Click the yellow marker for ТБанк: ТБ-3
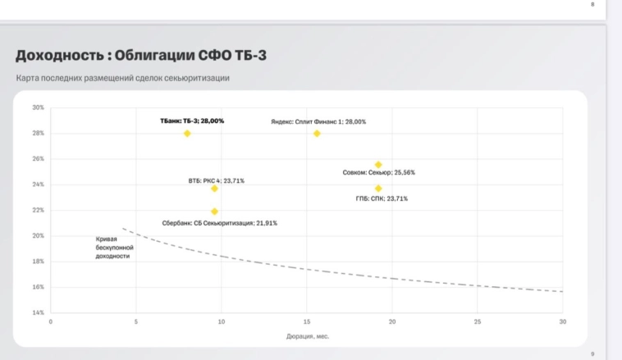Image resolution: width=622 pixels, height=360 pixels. (x=187, y=133)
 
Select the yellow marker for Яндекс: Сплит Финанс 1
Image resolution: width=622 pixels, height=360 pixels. (x=317, y=133)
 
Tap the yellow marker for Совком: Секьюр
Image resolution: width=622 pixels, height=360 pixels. (x=378, y=165)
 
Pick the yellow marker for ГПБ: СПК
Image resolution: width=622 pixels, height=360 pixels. (x=378, y=189)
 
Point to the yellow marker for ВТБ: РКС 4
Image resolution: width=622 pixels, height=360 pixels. (x=214, y=189)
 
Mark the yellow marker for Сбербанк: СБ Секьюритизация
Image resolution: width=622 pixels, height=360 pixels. (x=214, y=212)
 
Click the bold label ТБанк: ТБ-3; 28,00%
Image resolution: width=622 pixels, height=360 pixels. (x=191, y=121)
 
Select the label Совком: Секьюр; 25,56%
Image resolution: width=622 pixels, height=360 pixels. (x=378, y=173)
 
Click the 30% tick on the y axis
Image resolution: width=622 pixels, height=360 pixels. (x=38, y=107)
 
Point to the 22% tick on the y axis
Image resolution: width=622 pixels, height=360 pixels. (x=38, y=210)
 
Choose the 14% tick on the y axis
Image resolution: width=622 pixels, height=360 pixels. (x=38, y=312)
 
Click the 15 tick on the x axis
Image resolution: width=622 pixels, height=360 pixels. (x=307, y=321)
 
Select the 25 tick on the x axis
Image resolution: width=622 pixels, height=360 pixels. (x=478, y=321)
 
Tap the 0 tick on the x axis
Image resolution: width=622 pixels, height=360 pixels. (x=51, y=321)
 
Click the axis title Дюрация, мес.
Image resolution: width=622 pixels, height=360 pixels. (x=307, y=336)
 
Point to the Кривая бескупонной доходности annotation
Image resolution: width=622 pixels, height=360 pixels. (x=114, y=248)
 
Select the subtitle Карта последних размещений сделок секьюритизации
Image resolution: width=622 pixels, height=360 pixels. (x=122, y=78)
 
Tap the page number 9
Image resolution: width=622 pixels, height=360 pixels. (x=592, y=353)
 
